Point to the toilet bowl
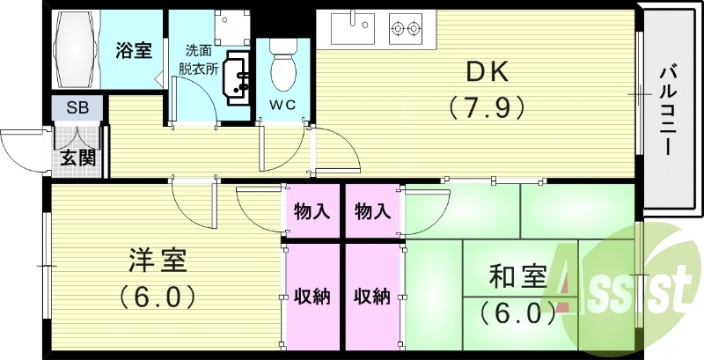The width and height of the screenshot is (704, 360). (283, 70)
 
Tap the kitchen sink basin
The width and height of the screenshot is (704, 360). (354, 29)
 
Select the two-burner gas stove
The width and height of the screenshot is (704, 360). (406, 29)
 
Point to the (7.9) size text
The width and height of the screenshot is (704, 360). (487, 107)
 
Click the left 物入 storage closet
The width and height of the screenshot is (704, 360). (311, 211)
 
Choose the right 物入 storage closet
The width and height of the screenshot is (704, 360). (372, 211)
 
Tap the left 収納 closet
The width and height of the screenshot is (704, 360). (311, 296)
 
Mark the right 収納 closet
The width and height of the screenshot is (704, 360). (372, 296)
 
